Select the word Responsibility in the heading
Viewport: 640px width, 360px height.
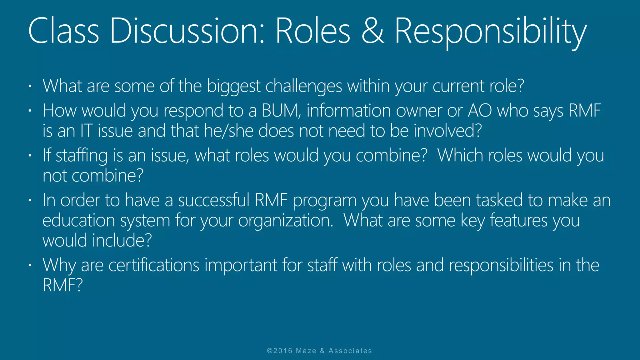(x=491, y=31)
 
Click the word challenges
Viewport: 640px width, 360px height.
(x=303, y=86)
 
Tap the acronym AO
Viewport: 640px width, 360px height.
(x=480, y=111)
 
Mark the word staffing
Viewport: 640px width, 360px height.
(x=82, y=156)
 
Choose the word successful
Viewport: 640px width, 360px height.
(x=214, y=200)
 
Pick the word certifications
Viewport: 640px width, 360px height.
(x=154, y=265)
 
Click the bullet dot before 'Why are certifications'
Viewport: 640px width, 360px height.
(x=30, y=265)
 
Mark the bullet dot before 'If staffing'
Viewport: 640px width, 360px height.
(x=30, y=155)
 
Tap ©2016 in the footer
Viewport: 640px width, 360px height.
(x=280, y=351)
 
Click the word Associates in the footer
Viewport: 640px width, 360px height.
(x=350, y=351)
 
